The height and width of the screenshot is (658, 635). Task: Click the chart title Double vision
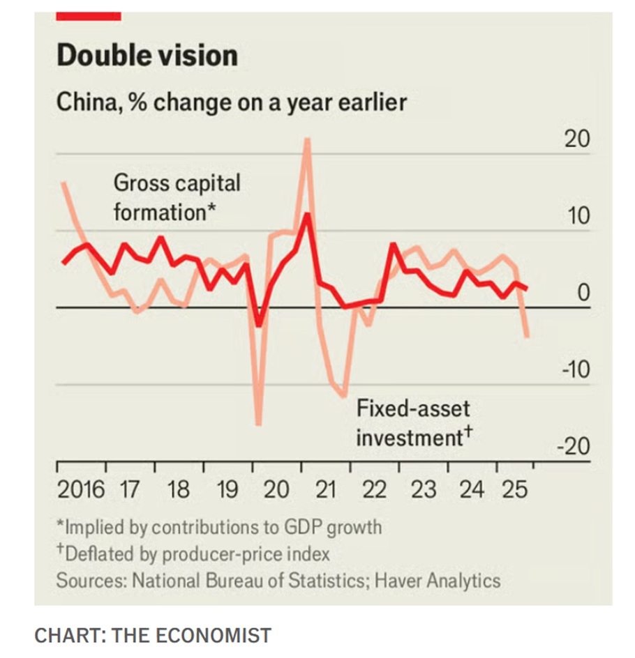coord(147,55)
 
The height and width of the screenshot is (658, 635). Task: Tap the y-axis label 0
coord(583,293)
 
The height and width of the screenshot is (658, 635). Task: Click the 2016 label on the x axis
coord(81,489)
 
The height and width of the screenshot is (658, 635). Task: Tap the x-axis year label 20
coord(276,489)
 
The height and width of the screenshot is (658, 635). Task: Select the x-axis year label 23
coord(423,489)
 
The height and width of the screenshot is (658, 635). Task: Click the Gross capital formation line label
coord(177,197)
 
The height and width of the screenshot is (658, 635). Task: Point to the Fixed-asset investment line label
coord(414,423)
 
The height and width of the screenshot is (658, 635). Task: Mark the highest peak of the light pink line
coord(306,139)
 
